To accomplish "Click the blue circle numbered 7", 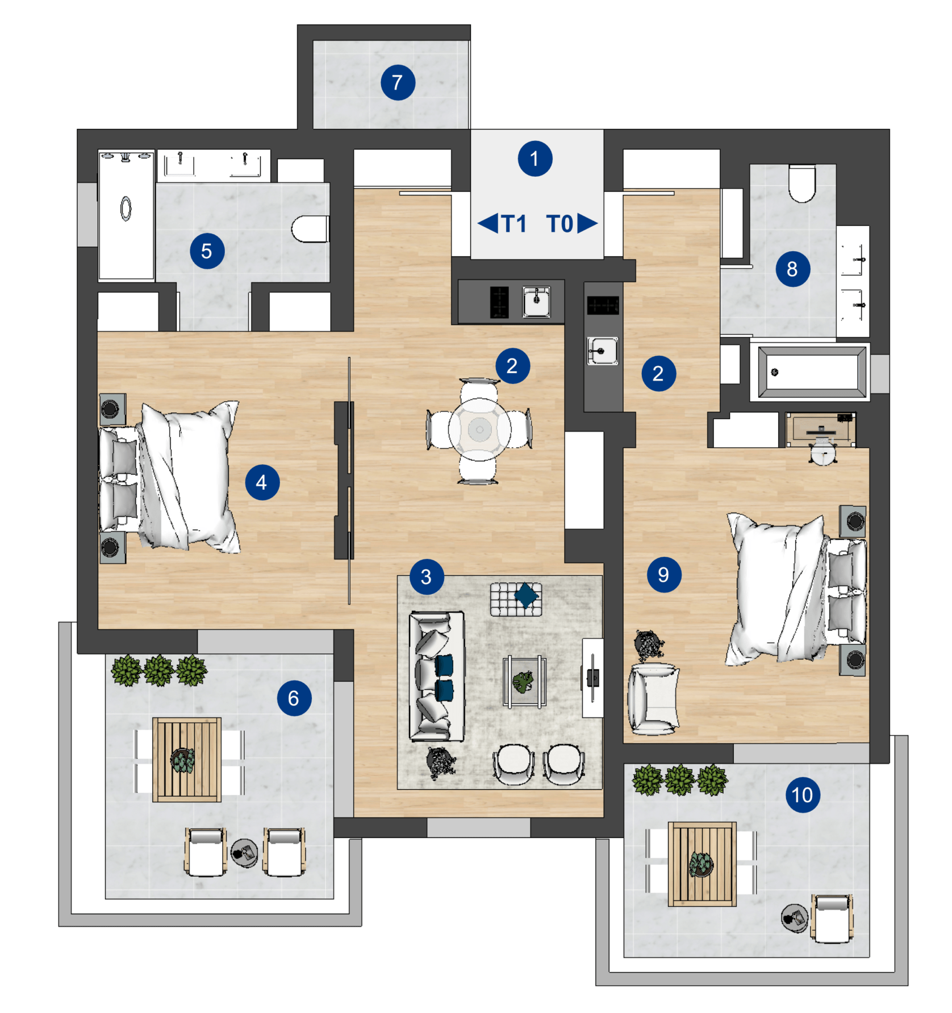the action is [398, 82].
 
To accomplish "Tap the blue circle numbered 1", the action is [535, 159].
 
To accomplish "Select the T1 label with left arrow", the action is [502, 224].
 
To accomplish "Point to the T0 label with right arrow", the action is [572, 224].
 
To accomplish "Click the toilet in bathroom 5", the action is [310, 228].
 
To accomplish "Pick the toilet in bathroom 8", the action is [802, 183].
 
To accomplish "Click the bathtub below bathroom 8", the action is [811, 372].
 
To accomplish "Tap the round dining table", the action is [479, 430].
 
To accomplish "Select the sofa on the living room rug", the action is [436, 676].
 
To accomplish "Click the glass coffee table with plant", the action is [524, 682].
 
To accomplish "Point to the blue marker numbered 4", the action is [262, 482].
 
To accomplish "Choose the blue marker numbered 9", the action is [663, 574].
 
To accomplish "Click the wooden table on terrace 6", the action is [186, 760].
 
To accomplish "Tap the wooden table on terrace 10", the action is [702, 864].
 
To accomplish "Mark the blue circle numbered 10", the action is [803, 795].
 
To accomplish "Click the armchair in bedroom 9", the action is [653, 699].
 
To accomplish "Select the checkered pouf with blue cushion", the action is [516, 599].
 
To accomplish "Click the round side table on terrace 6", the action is [245, 853].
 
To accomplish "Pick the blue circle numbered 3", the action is [426, 577].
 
